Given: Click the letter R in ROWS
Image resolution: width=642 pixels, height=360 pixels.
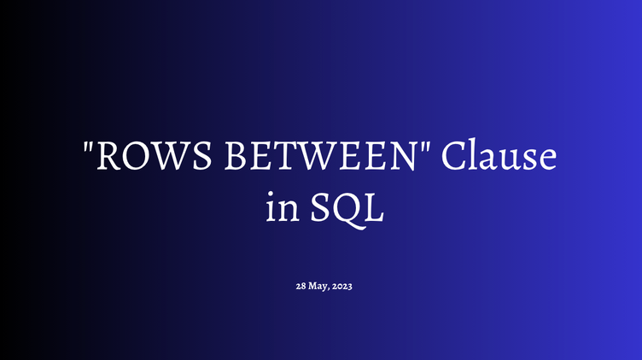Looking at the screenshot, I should click(x=108, y=159).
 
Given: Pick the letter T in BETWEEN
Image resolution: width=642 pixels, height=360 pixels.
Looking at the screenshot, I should click(x=267, y=159).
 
